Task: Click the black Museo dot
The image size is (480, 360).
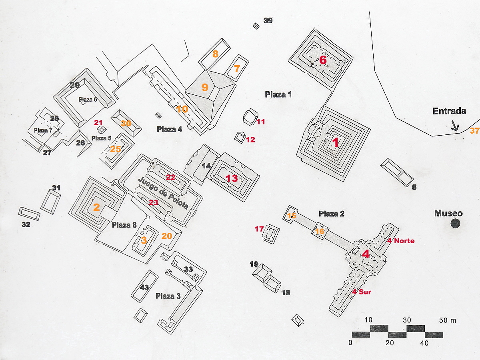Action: pyautogui.click(x=455, y=224)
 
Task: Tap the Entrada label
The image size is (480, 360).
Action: pyautogui.click(x=449, y=111)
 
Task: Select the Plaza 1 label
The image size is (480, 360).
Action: pyautogui.click(x=278, y=94)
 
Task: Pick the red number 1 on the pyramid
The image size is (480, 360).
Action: pyautogui.click(x=335, y=142)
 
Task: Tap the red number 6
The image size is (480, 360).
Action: pyautogui.click(x=323, y=60)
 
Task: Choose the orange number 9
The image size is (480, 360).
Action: pyautogui.click(x=205, y=87)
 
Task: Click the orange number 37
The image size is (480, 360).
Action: pyautogui.click(x=474, y=131)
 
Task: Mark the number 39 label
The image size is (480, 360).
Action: pyautogui.click(x=268, y=20)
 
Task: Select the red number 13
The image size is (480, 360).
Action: pyautogui.click(x=232, y=178)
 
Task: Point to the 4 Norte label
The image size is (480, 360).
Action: pyautogui.click(x=401, y=241)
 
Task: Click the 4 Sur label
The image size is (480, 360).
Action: pyautogui.click(x=361, y=292)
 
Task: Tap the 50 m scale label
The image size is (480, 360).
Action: pyautogui.click(x=448, y=320)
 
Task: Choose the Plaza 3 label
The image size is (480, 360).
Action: pyautogui.click(x=168, y=296)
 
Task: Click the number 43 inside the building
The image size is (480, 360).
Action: pyautogui.click(x=144, y=287)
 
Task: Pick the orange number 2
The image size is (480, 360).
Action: pyautogui.click(x=96, y=207)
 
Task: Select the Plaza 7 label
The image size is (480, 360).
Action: pyautogui.click(x=43, y=130)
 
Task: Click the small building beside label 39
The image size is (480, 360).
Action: pyautogui.click(x=256, y=26)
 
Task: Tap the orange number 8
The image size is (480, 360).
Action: pyautogui.click(x=215, y=54)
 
